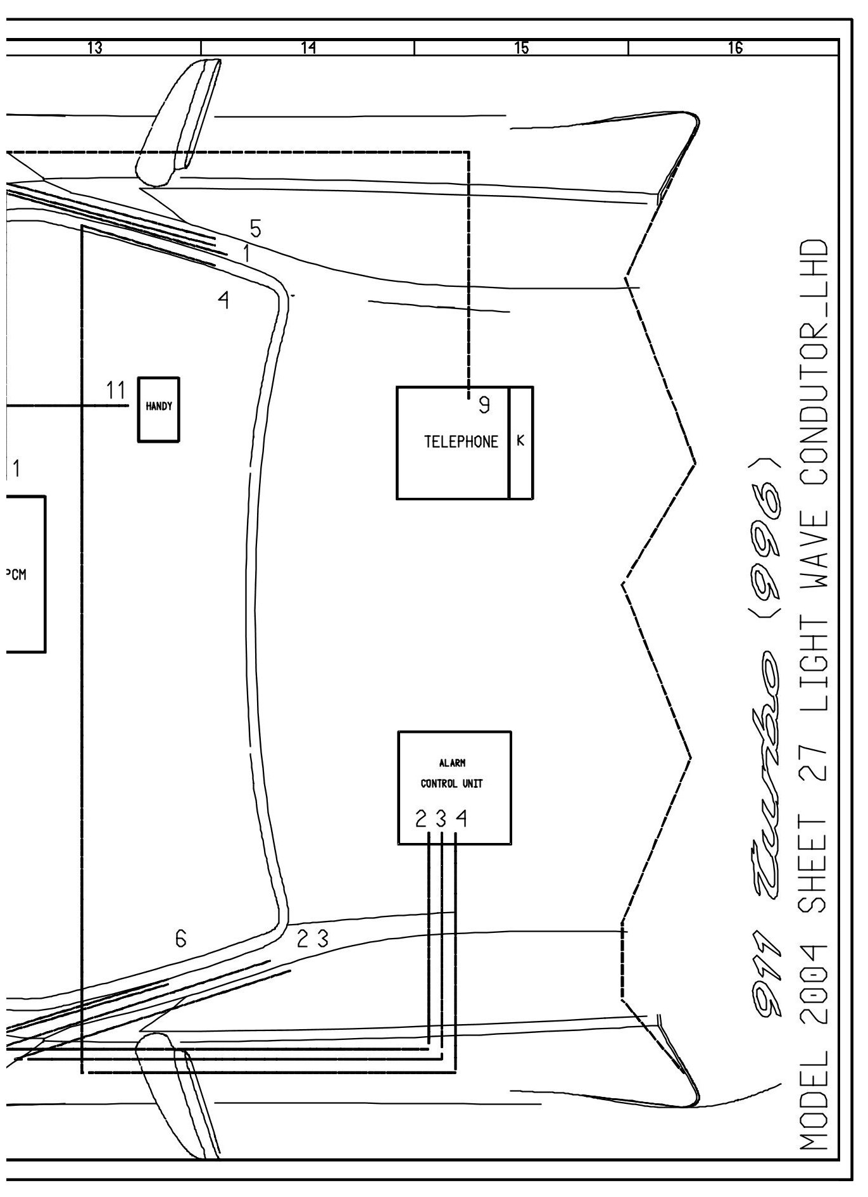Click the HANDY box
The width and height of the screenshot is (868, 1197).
(x=158, y=409)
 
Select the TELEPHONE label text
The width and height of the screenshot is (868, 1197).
(x=461, y=442)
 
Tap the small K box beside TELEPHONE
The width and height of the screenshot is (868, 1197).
(x=520, y=442)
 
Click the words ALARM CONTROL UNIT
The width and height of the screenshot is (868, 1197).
(x=452, y=773)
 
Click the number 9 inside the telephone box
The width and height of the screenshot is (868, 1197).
(x=484, y=405)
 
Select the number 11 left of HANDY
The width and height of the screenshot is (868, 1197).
(x=116, y=391)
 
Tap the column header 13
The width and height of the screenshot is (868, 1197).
(x=95, y=47)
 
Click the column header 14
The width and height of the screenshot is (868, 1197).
(x=308, y=47)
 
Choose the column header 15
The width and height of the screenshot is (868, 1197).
(x=522, y=47)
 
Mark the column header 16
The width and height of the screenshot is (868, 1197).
(x=735, y=47)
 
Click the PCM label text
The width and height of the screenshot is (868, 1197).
(x=16, y=575)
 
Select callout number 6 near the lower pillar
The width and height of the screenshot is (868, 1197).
(x=181, y=939)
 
